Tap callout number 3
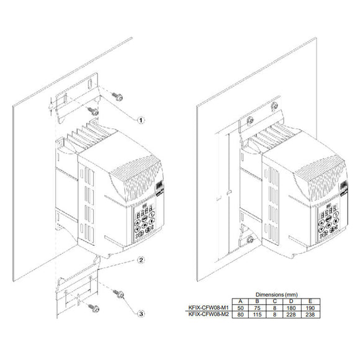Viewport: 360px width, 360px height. (x=141, y=314)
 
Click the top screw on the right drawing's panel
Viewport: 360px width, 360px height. (x=250, y=120)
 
